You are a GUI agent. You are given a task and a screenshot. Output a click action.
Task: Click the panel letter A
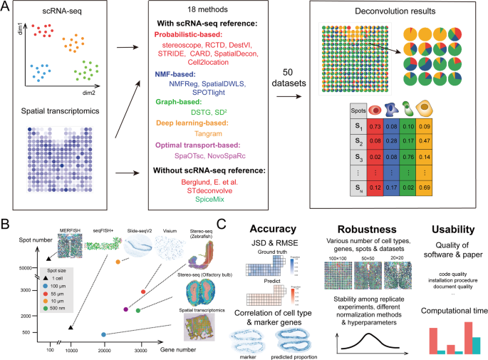point(6,6)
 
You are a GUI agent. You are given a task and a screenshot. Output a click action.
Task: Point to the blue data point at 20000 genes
point(104,334)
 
